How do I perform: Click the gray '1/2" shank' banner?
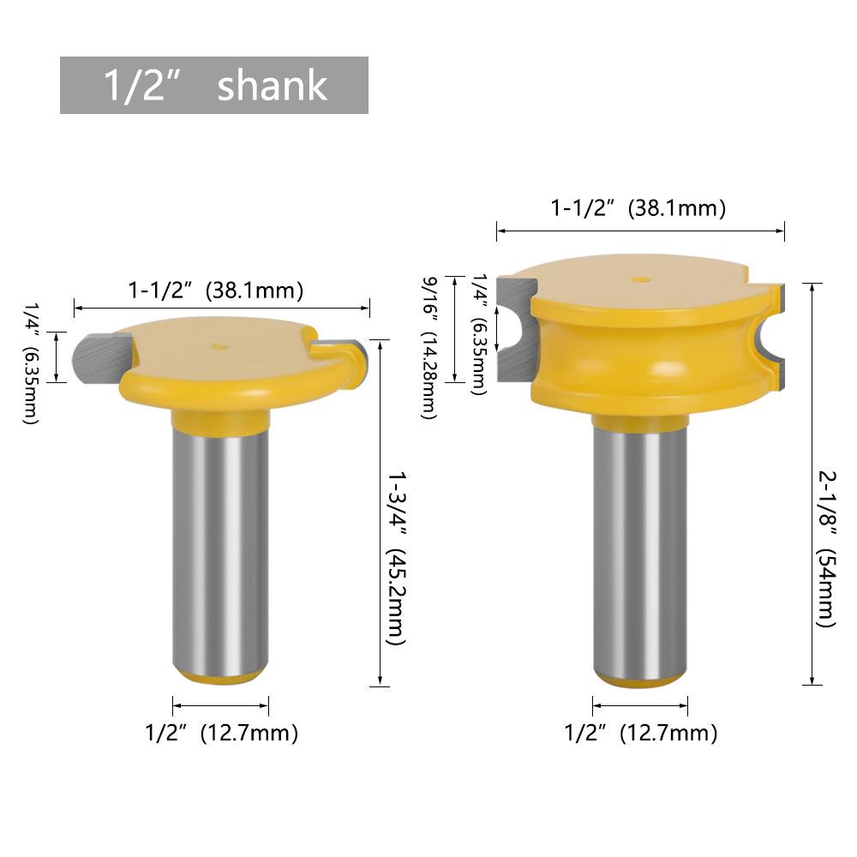[213, 86]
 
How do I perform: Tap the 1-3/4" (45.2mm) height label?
[397, 557]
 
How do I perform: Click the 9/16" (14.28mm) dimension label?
[431, 347]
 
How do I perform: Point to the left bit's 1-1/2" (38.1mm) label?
[217, 291]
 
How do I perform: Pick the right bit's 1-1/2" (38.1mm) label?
[638, 208]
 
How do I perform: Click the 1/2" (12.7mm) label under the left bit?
[221, 734]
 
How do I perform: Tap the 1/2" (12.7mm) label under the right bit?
[640, 734]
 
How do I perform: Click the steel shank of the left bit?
[220, 548]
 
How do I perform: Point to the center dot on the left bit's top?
[218, 347]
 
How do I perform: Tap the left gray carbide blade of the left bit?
[96, 358]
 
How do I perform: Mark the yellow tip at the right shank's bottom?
[640, 680]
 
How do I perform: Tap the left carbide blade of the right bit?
[514, 330]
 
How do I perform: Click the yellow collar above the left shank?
[220, 420]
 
